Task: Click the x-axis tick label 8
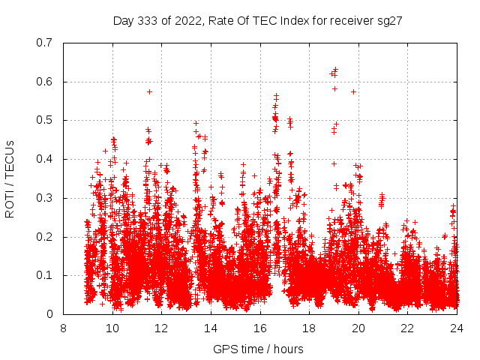(x=63, y=328)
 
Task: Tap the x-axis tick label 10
(x=112, y=328)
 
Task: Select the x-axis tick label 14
(x=211, y=328)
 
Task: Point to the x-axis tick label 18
(x=309, y=328)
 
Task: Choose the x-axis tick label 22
(x=407, y=328)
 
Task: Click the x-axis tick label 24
(x=456, y=328)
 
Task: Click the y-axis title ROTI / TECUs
(x=10, y=178)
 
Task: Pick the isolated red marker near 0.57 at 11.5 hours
(x=150, y=91)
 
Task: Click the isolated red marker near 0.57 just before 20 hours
(x=353, y=91)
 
